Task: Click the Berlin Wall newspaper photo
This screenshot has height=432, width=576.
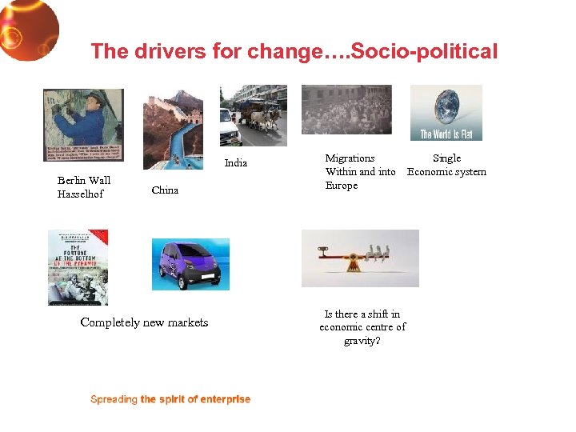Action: [83, 124]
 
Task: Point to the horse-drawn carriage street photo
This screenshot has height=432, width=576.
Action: [253, 116]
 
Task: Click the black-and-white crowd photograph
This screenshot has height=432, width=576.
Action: [346, 110]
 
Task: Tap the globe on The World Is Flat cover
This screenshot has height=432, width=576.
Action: [446, 106]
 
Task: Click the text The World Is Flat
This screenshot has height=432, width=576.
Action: [446, 134]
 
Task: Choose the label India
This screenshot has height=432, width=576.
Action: [236, 163]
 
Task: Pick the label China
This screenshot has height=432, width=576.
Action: [165, 190]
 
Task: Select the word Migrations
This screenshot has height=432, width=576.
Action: [350, 158]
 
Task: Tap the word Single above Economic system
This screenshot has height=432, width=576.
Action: [446, 158]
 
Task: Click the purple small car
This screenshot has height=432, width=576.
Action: [190, 264]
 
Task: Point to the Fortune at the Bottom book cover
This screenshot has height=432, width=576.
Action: [78, 267]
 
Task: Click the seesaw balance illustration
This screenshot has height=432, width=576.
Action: [360, 258]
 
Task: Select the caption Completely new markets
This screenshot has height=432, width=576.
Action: [144, 322]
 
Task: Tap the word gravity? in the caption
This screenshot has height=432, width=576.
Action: [362, 341]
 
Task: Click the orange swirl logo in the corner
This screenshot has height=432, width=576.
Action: [27, 29]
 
